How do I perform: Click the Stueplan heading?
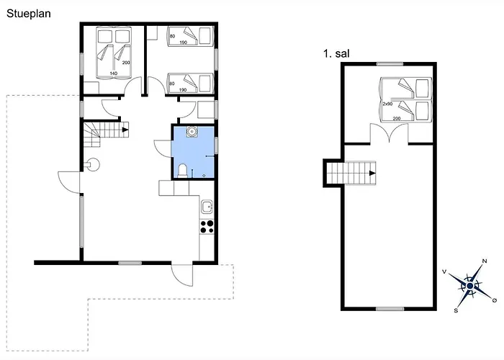pyautogui.click(x=29, y=14)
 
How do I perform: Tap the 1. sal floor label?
pyautogui.click(x=336, y=53)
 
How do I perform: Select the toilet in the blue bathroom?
pyautogui.click(x=182, y=171)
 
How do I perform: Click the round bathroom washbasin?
pyautogui.click(x=192, y=132)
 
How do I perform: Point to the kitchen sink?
pyautogui.click(x=207, y=207)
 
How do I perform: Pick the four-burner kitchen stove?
pyautogui.click(x=207, y=226)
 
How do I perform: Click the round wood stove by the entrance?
pyautogui.click(x=94, y=165)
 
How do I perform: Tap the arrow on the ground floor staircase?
pyautogui.click(x=125, y=130)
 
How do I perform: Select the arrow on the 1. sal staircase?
pyautogui.click(x=372, y=174)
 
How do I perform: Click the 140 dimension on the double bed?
pyautogui.click(x=114, y=73)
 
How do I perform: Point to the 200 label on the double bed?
pyautogui.click(x=126, y=63)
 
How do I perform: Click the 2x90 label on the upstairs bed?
pyautogui.click(x=387, y=104)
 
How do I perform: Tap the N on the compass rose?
pyautogui.click(x=485, y=261)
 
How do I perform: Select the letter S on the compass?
pyautogui.click(x=456, y=310)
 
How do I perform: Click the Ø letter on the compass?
pyautogui.click(x=495, y=300)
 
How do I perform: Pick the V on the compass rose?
pyautogui.click(x=444, y=271)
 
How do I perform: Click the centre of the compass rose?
pyautogui.click(x=470, y=286)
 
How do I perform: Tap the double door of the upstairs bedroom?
pyautogui.click(x=390, y=132)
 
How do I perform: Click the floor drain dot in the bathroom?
pyautogui.click(x=204, y=175)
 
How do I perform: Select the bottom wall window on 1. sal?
pyautogui.click(x=390, y=309)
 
